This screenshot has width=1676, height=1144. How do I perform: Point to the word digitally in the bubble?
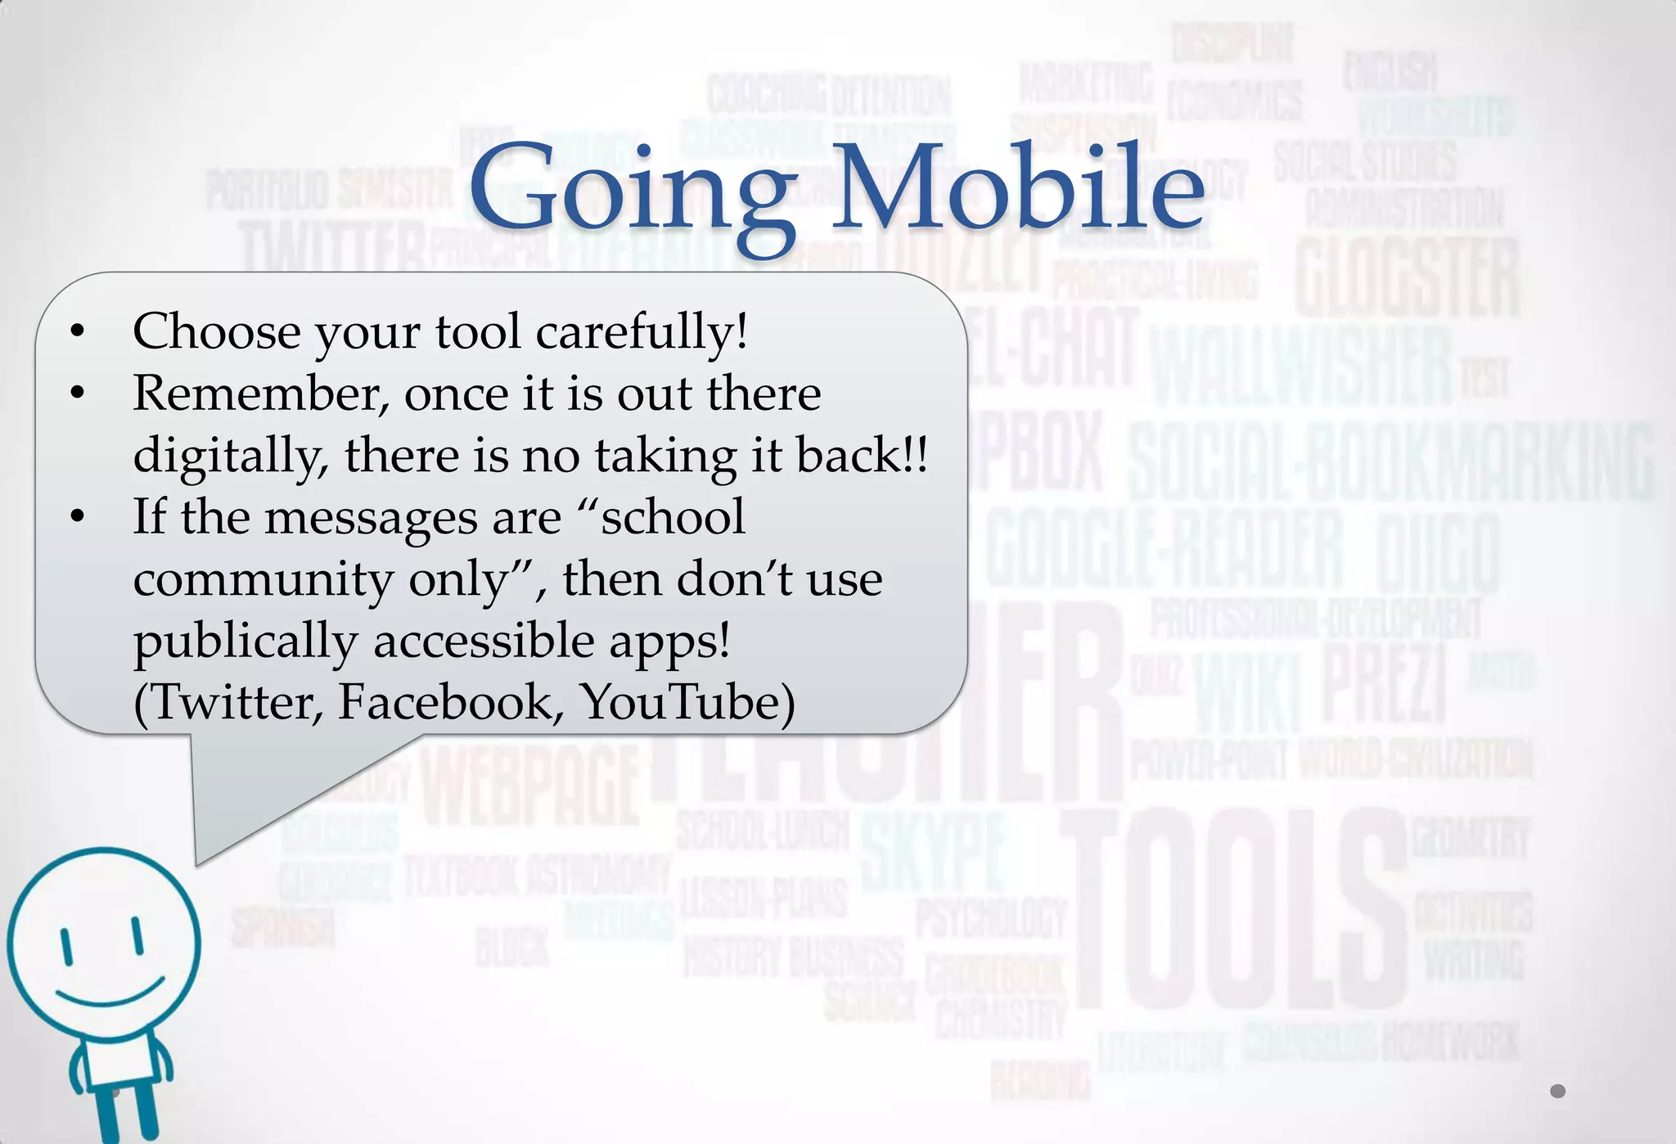pos(230,456)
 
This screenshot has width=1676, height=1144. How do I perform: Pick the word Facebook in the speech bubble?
pos(451,702)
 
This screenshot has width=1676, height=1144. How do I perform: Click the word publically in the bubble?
pos(246,642)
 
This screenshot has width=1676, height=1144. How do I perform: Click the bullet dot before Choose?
pos(78,332)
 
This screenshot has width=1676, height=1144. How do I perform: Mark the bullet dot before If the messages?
pos(78,517)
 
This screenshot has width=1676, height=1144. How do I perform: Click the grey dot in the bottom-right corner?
pos(1557,1091)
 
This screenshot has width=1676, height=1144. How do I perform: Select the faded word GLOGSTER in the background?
pos(1408,278)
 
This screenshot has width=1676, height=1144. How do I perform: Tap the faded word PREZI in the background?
pos(1383,683)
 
